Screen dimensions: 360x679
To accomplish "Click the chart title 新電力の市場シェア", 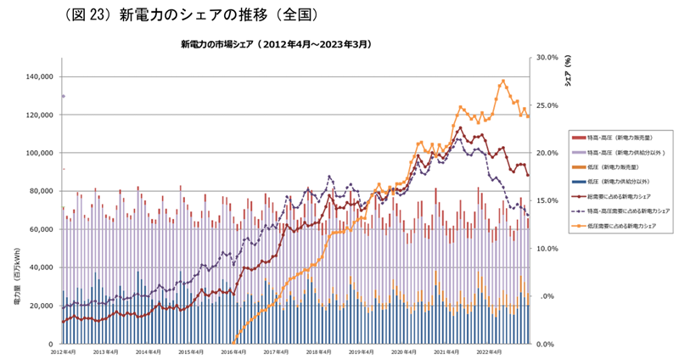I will click(x=276, y=42).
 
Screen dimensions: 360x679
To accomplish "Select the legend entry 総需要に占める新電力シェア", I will click(x=630, y=196).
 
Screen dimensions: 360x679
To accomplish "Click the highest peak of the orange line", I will click(x=503, y=82).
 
